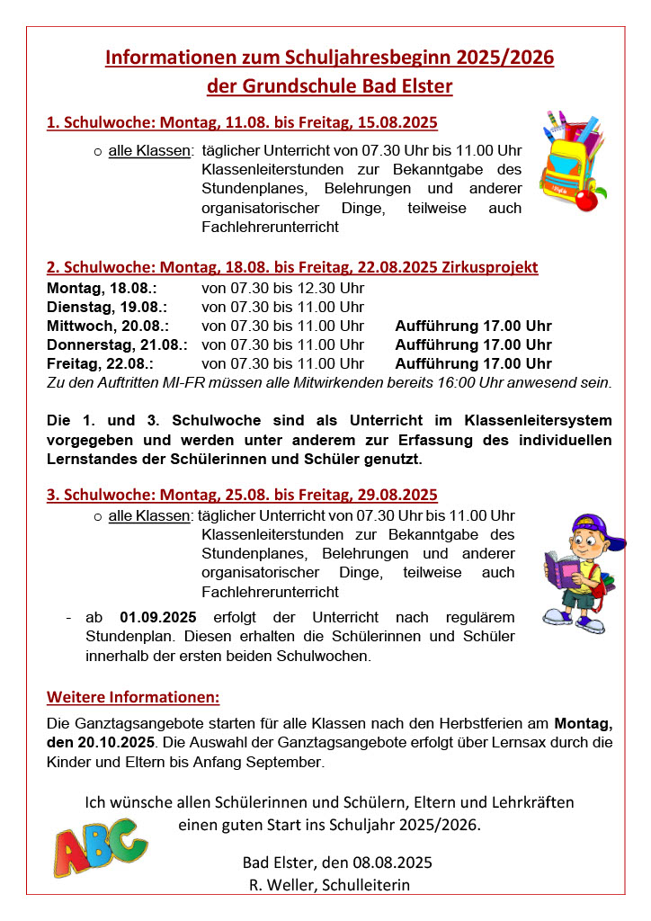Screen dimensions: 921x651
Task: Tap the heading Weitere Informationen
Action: tap(133, 697)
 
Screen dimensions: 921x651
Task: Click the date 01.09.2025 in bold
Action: tap(157, 618)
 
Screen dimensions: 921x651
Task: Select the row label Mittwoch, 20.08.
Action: tap(107, 326)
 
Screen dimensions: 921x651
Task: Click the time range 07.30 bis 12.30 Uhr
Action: tap(282, 288)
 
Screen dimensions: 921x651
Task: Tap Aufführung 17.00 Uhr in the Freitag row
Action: tap(473, 363)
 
